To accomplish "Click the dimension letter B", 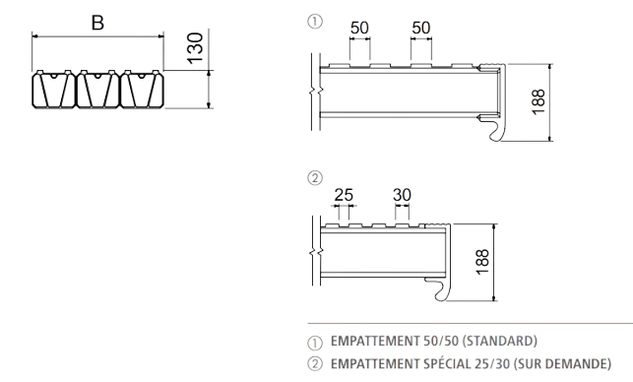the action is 97,23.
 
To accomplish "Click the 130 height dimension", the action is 195,48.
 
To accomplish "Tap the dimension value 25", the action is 344,195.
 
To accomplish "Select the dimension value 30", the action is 402,195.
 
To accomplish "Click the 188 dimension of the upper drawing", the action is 538,102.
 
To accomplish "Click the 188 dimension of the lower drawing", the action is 482,262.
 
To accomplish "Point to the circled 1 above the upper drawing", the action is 315,21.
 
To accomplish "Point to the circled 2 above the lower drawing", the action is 315,177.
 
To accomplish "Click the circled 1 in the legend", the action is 315,344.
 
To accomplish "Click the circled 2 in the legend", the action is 315,364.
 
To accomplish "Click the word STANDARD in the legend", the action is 499,342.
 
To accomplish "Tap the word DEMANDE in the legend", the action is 584,364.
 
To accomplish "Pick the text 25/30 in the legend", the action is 492,364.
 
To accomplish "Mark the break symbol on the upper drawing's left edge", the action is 316,92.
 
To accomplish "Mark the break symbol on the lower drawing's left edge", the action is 316,252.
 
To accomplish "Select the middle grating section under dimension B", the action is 97,90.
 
